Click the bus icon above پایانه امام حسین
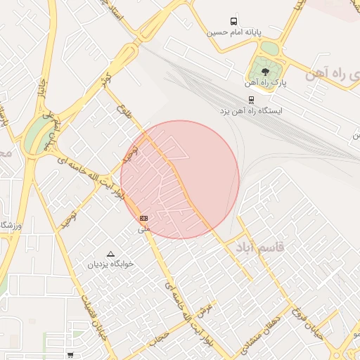coord(233,22)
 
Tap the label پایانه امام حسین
coord(233,32)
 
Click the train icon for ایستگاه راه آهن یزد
coord(251,99)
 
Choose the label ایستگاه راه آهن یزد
coord(251,111)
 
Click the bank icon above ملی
coord(144,219)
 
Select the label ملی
coord(144,229)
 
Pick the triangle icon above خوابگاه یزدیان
coord(110,253)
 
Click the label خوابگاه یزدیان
coord(110,264)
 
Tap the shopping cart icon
coord(70,355)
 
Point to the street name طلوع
coord(127,112)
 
